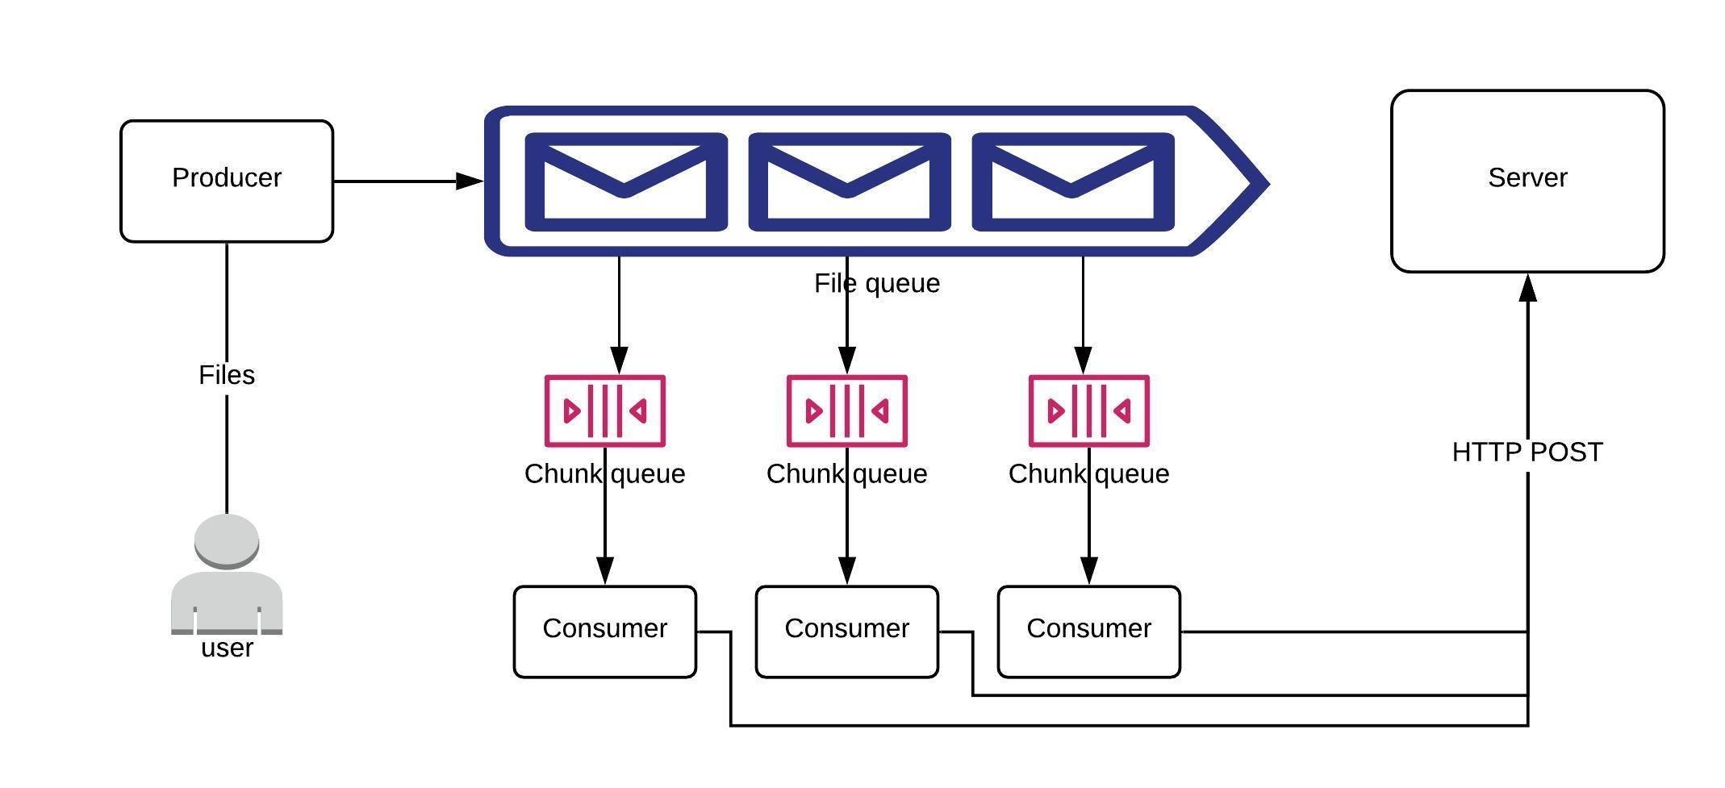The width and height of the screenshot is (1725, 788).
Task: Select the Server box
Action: [1527, 181]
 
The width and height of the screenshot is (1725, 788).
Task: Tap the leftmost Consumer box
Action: [604, 632]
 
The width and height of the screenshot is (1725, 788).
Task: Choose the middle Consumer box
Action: [846, 632]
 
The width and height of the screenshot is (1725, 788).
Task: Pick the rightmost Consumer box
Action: [1088, 632]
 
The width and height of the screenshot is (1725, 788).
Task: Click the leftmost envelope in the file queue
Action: [625, 182]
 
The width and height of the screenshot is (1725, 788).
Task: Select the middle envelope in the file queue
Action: [849, 182]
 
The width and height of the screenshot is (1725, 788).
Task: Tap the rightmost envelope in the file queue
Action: [1072, 182]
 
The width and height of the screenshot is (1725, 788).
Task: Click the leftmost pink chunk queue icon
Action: [604, 411]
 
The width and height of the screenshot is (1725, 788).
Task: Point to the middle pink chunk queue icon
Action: [846, 411]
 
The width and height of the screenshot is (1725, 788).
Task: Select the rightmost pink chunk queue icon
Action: [1088, 411]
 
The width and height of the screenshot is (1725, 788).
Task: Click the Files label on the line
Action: [227, 375]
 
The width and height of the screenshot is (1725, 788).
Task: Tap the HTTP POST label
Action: [1527, 452]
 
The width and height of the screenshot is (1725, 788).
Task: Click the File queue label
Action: [876, 284]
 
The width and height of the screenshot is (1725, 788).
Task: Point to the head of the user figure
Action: [227, 540]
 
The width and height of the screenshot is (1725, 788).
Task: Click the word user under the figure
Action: [227, 648]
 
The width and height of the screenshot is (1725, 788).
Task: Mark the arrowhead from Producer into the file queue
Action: [470, 181]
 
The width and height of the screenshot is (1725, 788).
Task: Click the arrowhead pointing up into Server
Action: [1527, 288]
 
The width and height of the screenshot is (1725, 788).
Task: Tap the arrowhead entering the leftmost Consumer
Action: [604, 570]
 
